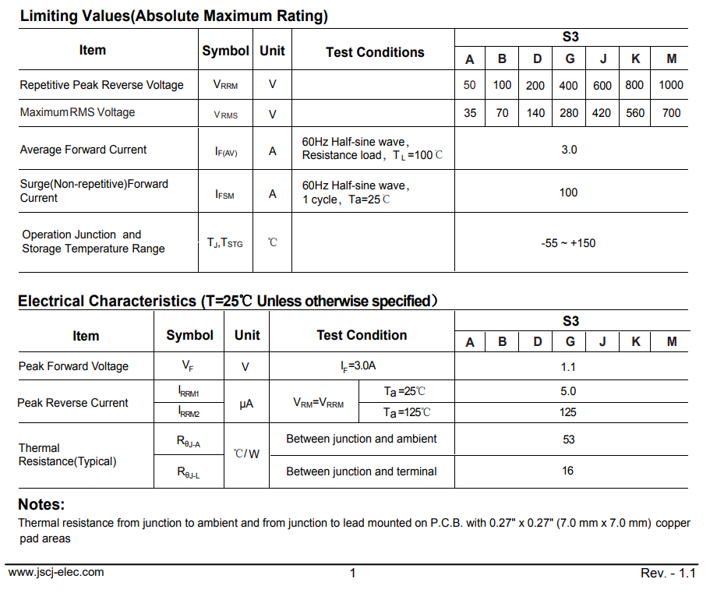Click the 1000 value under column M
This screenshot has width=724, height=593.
[x=670, y=85]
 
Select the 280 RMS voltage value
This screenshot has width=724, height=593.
[x=569, y=113]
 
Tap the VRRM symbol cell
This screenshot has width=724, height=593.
[x=225, y=85]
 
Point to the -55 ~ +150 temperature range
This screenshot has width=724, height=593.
[x=567, y=243]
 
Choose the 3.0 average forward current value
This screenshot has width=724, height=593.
[x=569, y=150]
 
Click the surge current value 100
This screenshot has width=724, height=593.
[x=568, y=192]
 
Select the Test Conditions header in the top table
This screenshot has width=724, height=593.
[x=375, y=52]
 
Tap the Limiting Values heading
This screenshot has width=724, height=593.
[x=174, y=16]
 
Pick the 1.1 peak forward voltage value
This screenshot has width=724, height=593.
[x=568, y=367]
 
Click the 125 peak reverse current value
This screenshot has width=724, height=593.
[x=568, y=412]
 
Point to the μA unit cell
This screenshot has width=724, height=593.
[x=246, y=404]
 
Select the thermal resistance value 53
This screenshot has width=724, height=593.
[x=568, y=439]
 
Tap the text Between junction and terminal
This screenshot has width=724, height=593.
[x=361, y=471]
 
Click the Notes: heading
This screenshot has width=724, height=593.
[x=41, y=504]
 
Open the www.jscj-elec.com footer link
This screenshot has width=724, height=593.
[x=56, y=572]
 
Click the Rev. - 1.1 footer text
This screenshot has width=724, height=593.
[x=668, y=573]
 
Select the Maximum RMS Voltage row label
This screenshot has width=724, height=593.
[x=77, y=113]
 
